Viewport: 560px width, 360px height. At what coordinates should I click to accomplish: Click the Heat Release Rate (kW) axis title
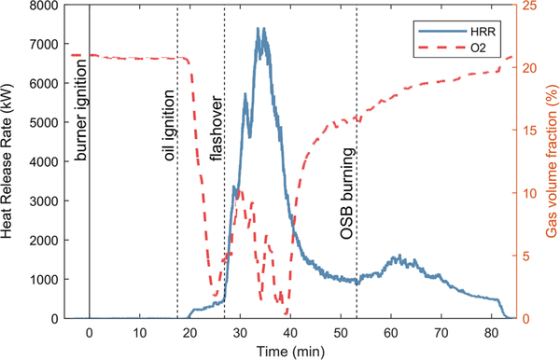click(x=9, y=161)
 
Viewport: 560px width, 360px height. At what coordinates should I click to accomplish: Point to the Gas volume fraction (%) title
click(x=552, y=161)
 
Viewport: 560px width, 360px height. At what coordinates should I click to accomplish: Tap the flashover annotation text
click(x=217, y=117)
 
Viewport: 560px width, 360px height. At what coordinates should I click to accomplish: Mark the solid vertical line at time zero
click(x=90, y=187)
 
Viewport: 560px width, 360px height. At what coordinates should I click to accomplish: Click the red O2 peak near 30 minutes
click(x=241, y=191)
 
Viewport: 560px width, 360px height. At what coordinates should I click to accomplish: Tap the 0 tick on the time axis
click(x=90, y=332)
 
